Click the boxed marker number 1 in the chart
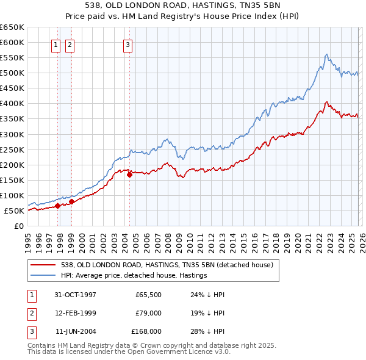56,44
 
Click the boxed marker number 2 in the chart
70,44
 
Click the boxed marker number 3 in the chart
128,44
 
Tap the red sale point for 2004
129,175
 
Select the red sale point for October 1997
58,206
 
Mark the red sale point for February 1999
72,201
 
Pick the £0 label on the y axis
19,226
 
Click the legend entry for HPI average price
134,275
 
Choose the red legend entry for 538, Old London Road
170,265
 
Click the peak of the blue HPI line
327,54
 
